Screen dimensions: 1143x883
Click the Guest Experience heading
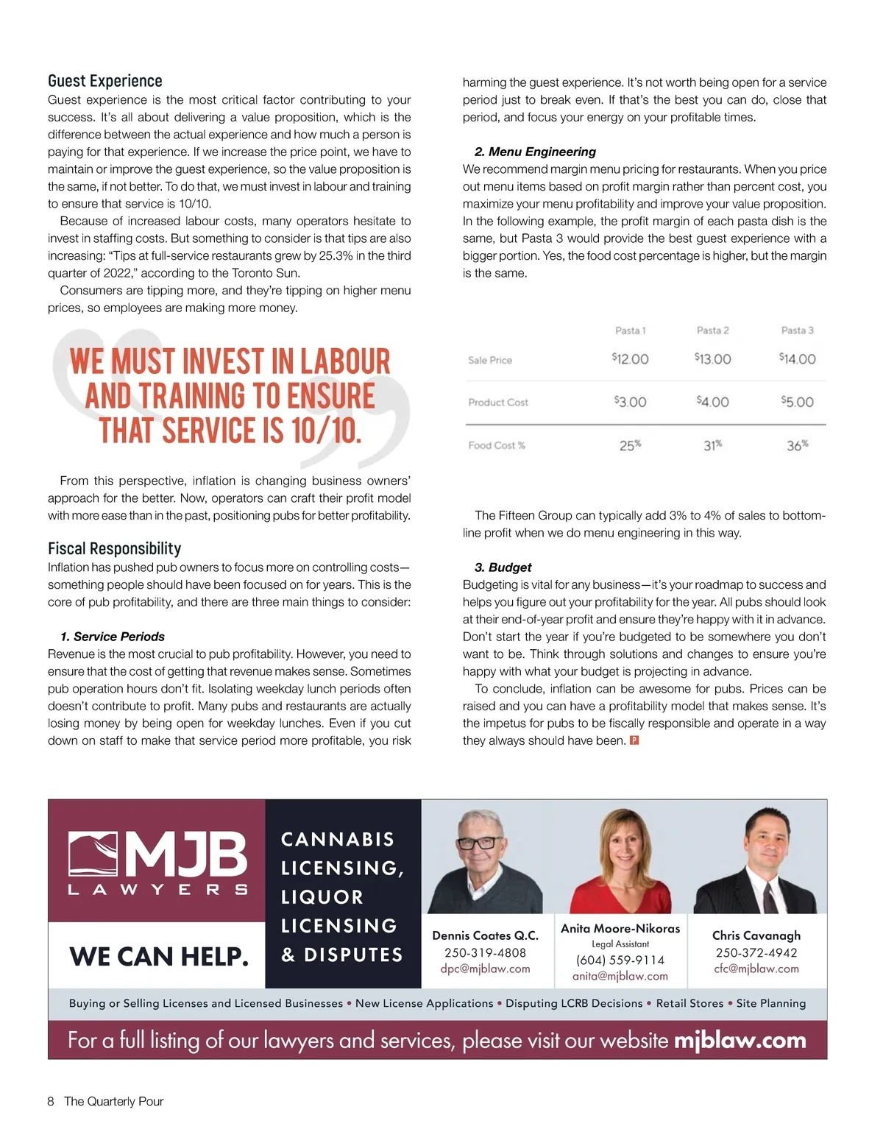[105, 81]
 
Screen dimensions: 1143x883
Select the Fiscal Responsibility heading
[114, 548]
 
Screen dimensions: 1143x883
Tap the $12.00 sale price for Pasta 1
[631, 359]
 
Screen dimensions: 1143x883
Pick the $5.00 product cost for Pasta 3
[798, 402]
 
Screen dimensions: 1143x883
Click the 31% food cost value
[712, 445]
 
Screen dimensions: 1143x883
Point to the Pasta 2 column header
[712, 330]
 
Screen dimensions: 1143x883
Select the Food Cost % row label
[497, 445]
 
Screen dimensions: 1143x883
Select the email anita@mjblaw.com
[620, 976]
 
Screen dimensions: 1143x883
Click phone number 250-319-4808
[486, 952]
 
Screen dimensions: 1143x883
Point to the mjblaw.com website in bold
[740, 1040]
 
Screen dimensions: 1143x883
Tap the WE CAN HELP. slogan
[159, 957]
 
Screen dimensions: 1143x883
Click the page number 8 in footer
[51, 1101]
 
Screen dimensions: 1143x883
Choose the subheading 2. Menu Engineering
[535, 152]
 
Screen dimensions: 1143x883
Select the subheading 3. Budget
[503, 567]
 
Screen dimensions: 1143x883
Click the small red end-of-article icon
[635, 740]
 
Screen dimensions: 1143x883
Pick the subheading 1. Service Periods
[113, 637]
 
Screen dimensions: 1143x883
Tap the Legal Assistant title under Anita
[620, 944]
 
